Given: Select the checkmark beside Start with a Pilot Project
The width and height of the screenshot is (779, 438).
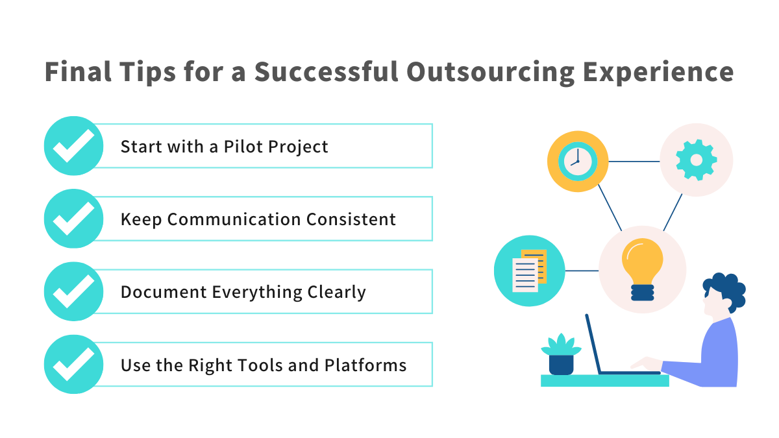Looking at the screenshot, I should tap(73, 146).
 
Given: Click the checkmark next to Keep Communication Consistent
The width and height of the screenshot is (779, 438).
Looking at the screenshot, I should tap(73, 219).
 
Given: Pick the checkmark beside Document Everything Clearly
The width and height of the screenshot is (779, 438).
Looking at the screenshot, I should tap(73, 291).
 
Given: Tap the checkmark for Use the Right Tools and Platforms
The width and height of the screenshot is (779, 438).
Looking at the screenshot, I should tap(73, 365).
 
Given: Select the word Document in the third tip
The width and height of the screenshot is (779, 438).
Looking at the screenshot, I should tap(164, 292).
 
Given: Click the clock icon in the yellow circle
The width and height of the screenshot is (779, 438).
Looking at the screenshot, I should tap(578, 161).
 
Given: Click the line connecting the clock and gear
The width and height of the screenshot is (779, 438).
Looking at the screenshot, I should tap(634, 161).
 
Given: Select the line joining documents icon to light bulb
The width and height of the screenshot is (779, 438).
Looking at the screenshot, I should tap(582, 270).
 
